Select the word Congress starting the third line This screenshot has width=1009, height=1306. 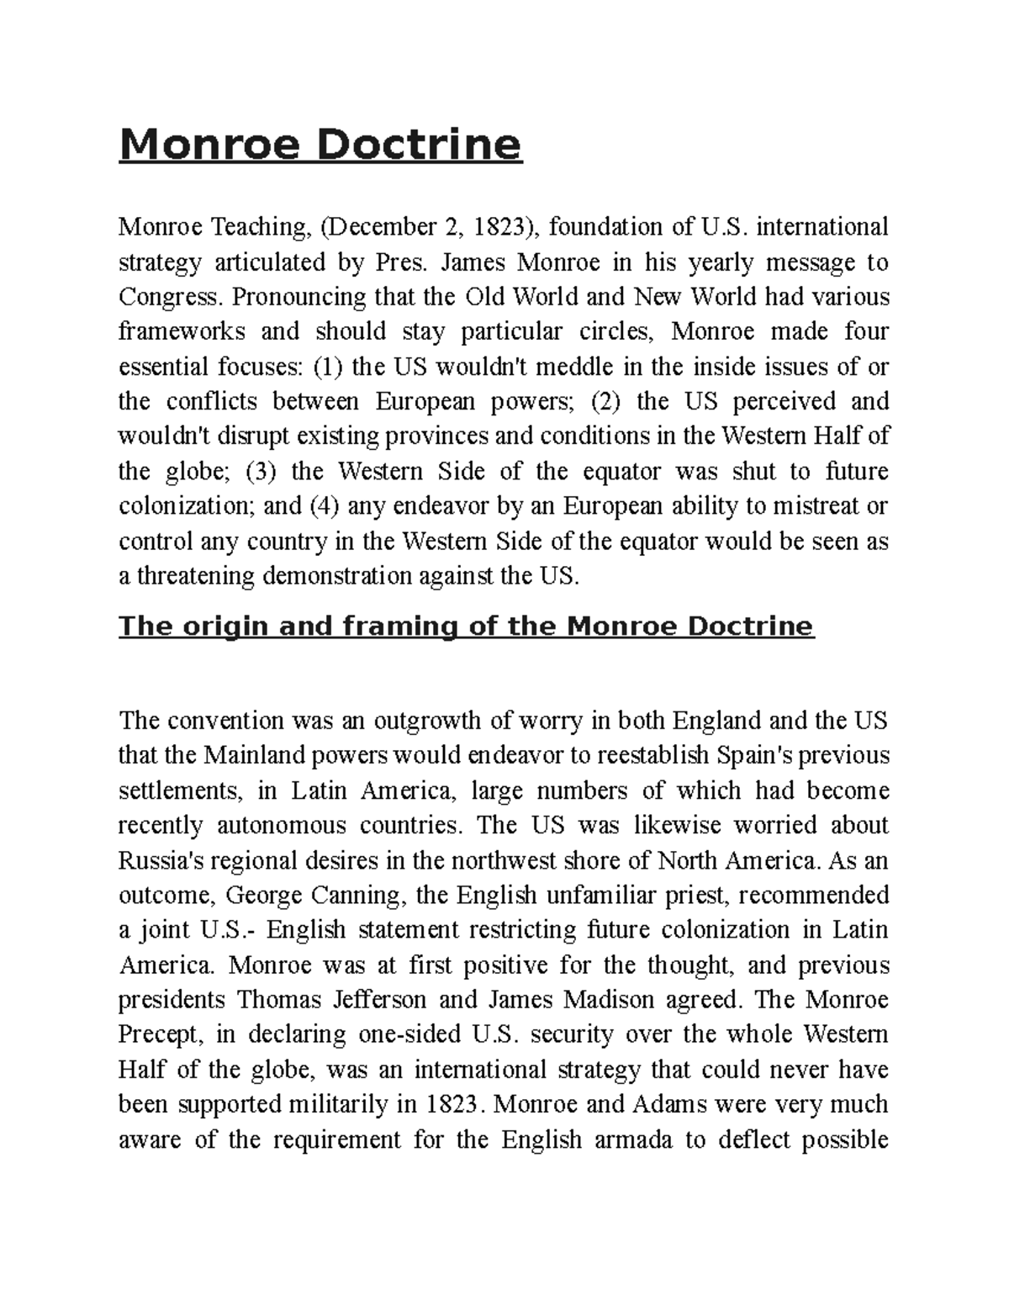tap(172, 297)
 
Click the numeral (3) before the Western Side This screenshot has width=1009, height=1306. tap(261, 471)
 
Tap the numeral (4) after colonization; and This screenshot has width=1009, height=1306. tap(324, 506)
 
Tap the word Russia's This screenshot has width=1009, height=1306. tap(159, 860)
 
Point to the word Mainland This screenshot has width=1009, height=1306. tap(247, 755)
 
